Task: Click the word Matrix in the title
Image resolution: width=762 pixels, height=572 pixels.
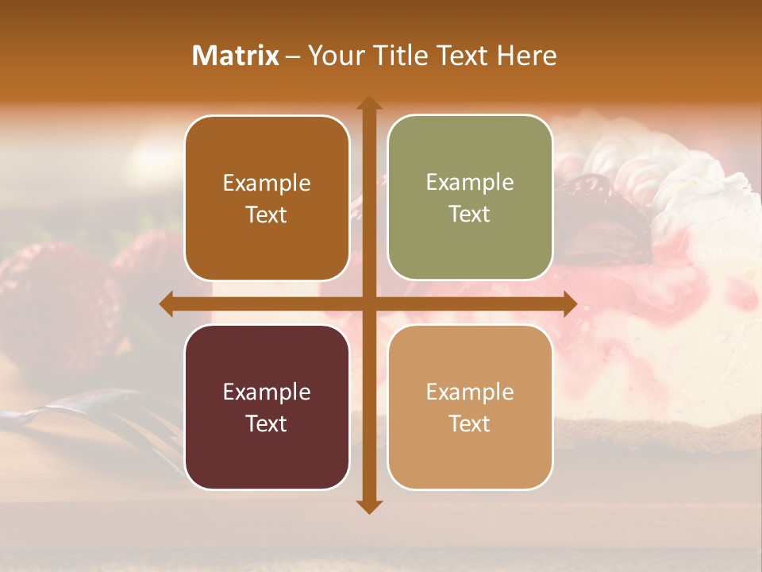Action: (235, 56)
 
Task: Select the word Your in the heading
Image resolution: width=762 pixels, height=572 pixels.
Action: (333, 56)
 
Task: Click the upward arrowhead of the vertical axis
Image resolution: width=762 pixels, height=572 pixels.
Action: (368, 103)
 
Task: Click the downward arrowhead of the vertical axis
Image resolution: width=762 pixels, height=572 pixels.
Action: (368, 506)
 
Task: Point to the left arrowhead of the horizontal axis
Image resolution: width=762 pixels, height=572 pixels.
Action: (167, 303)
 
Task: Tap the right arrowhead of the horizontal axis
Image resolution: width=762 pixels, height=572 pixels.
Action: (569, 303)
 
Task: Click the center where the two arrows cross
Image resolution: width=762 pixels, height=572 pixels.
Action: (368, 303)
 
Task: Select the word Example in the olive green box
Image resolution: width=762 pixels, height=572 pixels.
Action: (470, 183)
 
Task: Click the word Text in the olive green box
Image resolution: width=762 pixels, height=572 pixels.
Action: (470, 214)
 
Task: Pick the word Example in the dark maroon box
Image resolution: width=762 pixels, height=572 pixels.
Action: (267, 392)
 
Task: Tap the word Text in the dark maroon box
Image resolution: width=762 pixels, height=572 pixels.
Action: (267, 423)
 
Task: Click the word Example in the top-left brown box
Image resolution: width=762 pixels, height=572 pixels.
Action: (267, 184)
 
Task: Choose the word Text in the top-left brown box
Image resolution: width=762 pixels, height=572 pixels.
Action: (267, 215)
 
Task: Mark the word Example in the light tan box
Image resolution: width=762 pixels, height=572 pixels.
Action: (470, 392)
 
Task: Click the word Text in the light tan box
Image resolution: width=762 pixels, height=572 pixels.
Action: (470, 423)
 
